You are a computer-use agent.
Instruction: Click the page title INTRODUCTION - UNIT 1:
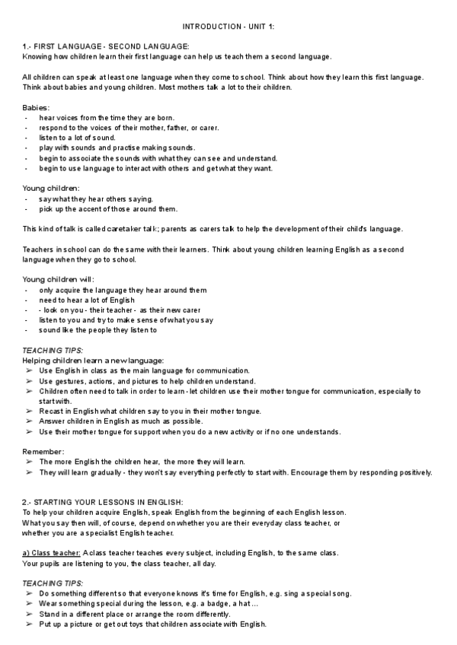[x=228, y=27]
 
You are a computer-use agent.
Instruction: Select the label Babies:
[x=37, y=108]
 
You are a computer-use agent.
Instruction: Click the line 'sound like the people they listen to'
[x=97, y=330]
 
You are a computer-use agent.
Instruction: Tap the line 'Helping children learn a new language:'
[x=93, y=360]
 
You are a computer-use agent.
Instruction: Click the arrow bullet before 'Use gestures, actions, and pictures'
[x=28, y=381]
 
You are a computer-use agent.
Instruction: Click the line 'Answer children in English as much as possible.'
[x=121, y=421]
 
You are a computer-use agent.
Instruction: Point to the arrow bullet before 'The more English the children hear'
[x=28, y=462]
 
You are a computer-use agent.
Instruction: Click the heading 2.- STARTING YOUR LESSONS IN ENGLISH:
[x=103, y=502]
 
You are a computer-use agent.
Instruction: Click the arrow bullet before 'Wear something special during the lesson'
[x=28, y=604]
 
